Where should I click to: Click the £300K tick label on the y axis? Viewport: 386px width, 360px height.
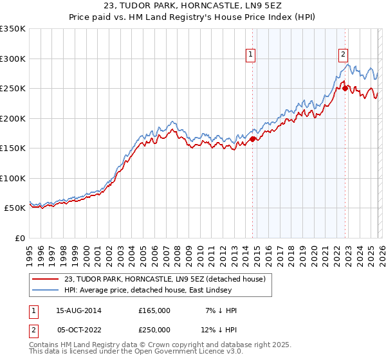coord(13,59)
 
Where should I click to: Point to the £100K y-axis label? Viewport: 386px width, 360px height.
coord(13,178)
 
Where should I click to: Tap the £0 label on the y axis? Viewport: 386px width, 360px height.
coord(19,238)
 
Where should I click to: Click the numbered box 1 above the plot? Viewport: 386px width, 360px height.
coord(251,55)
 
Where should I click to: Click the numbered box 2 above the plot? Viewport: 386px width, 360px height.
coord(344,55)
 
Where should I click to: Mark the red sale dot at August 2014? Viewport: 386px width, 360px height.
coord(252,139)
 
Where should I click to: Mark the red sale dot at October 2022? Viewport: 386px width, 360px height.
coord(345,88)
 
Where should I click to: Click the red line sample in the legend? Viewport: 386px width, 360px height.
coord(45,279)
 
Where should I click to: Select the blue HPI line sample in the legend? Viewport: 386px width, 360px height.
coord(45,290)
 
